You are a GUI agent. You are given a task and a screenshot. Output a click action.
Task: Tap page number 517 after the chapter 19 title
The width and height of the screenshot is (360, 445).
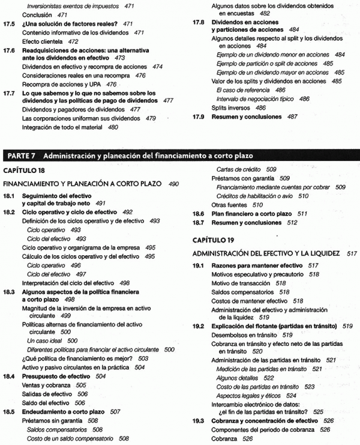[352, 253]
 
